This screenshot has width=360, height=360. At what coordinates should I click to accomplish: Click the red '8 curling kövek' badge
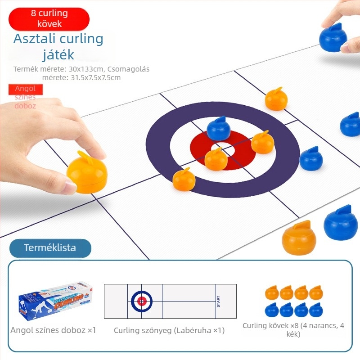click(49, 19)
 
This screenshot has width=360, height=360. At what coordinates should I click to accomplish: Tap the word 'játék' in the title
click(58, 54)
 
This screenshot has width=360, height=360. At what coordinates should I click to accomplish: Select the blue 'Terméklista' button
click(50, 248)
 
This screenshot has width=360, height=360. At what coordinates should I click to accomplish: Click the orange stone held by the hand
click(87, 172)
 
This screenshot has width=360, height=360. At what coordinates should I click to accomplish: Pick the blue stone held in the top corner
click(333, 37)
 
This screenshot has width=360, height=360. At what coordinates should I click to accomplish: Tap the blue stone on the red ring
click(218, 129)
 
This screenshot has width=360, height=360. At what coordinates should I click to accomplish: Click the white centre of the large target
click(222, 148)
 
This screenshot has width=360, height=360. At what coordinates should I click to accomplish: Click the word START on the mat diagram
click(218, 301)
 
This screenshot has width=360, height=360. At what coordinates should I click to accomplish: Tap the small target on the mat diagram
click(142, 301)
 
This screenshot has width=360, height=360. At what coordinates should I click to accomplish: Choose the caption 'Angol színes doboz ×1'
click(53, 330)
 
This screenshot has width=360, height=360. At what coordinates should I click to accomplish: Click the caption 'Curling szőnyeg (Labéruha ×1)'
click(169, 330)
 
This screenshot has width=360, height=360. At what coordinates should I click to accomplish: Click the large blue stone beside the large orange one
click(341, 223)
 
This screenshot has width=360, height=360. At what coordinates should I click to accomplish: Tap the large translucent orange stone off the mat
click(299, 238)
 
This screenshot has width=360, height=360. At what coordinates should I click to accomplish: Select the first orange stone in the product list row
click(272, 293)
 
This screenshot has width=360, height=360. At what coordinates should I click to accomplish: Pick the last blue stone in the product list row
click(316, 310)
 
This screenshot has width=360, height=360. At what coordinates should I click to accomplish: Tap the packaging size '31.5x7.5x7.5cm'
click(95, 77)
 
